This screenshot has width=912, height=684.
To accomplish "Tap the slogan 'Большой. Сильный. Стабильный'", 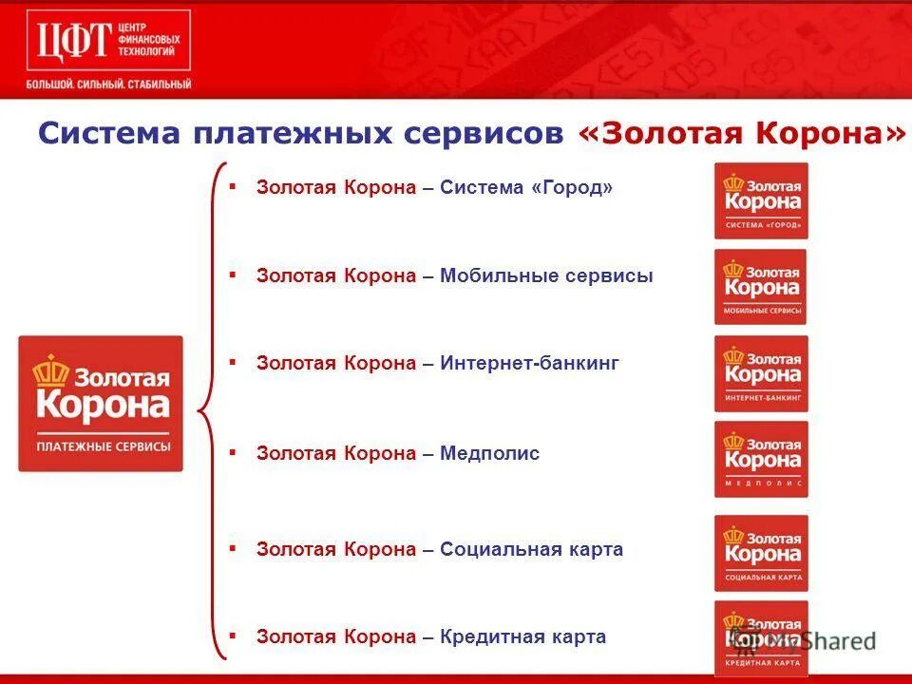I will pos(108,85).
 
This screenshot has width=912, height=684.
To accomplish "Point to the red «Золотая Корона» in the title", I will pos(741,134).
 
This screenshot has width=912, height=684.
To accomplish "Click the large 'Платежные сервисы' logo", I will pos(101,403).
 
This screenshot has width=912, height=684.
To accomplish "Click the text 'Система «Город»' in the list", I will pos(526,188).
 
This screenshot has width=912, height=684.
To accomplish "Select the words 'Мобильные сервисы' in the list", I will pos(546,276).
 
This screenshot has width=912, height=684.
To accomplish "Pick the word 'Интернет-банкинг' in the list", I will pos(529,363).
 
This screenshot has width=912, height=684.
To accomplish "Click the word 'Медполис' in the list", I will pos(489,453).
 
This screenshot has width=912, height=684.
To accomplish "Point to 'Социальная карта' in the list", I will pos(531,549).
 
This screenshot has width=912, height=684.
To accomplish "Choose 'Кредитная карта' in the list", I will pos(522,636).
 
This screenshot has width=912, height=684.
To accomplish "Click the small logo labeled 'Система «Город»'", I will pos(761,200).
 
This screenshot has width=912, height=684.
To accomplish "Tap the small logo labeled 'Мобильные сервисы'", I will pos(761,287).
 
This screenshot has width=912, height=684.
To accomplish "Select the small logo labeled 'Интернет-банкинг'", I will pos(761,373).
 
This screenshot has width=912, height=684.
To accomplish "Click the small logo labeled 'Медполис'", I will pos(761,460).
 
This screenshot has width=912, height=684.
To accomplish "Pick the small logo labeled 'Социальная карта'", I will pos(761,553).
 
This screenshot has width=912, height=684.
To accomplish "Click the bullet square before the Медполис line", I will pos(232,452).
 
